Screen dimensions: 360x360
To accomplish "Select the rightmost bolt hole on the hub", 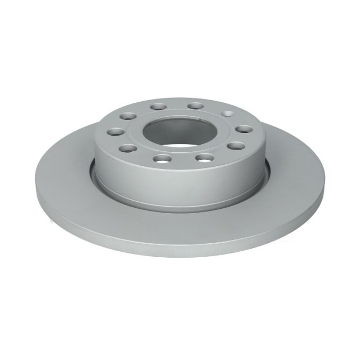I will pos(245,129).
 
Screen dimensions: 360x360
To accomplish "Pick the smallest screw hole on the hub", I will pos(228,114).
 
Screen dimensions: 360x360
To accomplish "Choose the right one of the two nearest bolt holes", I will pos(203,158).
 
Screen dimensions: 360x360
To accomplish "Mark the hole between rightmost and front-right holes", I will pos(235,145).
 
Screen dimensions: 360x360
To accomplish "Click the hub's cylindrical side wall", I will pos(178,186).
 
